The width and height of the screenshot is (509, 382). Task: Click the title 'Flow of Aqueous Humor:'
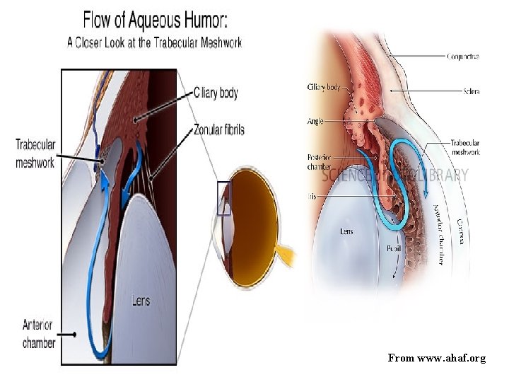pyautogui.click(x=156, y=19)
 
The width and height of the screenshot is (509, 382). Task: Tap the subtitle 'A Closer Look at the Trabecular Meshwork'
pyautogui.click(x=154, y=42)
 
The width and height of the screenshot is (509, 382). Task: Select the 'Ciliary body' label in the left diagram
pyautogui.click(x=216, y=93)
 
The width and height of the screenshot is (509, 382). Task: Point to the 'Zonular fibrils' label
pyautogui.click(x=219, y=129)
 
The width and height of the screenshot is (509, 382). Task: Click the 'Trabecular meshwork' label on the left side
pyautogui.click(x=35, y=154)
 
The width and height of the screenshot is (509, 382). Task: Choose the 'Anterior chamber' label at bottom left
pyautogui.click(x=38, y=334)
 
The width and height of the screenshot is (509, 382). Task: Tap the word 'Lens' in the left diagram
pyautogui.click(x=141, y=301)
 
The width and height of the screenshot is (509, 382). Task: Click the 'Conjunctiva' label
pyautogui.click(x=463, y=57)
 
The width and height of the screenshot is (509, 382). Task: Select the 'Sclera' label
pyautogui.click(x=472, y=91)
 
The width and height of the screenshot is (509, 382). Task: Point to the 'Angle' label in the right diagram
pyautogui.click(x=315, y=122)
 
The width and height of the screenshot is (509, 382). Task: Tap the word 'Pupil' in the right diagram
pyautogui.click(x=394, y=248)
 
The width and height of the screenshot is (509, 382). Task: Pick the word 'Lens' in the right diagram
pyautogui.click(x=347, y=231)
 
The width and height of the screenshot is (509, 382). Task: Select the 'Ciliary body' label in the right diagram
pyautogui.click(x=324, y=88)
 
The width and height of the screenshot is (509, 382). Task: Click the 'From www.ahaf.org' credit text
pyautogui.click(x=437, y=359)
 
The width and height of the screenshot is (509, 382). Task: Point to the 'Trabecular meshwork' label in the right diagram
pyautogui.click(x=465, y=147)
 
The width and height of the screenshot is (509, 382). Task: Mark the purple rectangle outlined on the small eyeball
pyautogui.click(x=223, y=198)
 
